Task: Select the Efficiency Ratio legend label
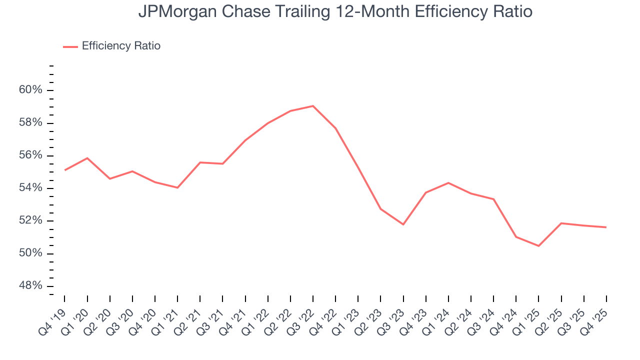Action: pyautogui.click(x=121, y=46)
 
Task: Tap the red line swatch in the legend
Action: pyautogui.click(x=70, y=46)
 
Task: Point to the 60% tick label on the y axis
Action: pyautogui.click(x=30, y=90)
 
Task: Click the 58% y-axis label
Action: pyautogui.click(x=30, y=123)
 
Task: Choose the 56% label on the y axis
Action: pyautogui.click(x=30, y=155)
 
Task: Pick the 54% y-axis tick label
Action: pyautogui.click(x=30, y=188)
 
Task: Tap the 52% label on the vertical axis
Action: pyautogui.click(x=30, y=221)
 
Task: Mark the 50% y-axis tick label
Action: pyautogui.click(x=30, y=253)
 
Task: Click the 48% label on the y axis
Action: pyautogui.click(x=30, y=286)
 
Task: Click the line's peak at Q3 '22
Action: pyautogui.click(x=313, y=106)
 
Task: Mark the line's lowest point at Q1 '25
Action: pyautogui.click(x=538, y=246)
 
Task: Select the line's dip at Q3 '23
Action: pyautogui.click(x=403, y=224)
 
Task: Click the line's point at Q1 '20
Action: pyautogui.click(x=87, y=158)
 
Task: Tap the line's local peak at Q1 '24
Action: pyautogui.click(x=448, y=182)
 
